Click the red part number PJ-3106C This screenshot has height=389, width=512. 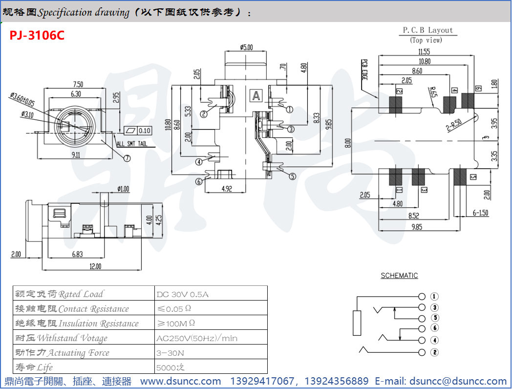click(37, 36)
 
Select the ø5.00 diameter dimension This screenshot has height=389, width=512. click(246, 47)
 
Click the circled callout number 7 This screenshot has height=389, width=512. click(127, 158)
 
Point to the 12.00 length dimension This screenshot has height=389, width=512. click(95, 266)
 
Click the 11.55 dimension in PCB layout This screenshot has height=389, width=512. click(424, 52)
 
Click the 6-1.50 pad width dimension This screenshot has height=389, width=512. click(481, 213)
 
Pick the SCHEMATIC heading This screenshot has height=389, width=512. click(399, 276)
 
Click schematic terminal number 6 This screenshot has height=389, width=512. click(435, 328)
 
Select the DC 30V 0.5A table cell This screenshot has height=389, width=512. click(183, 294)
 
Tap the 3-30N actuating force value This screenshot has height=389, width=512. click(171, 353)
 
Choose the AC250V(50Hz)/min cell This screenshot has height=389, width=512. click(196, 338)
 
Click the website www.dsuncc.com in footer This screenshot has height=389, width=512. click(181, 381)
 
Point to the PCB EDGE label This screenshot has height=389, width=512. click(364, 69)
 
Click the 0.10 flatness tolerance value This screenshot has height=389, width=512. click(145, 130)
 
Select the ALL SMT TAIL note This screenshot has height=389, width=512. click(132, 144)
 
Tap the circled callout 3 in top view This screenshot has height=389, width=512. click(291, 129)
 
